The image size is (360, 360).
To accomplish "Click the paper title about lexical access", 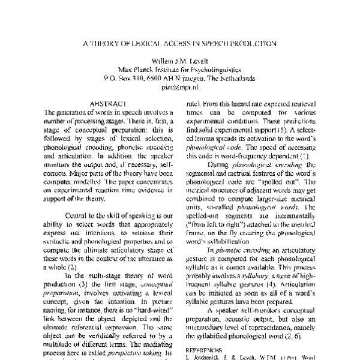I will pos(180,43).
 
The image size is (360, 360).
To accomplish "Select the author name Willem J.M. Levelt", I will pos(180,60).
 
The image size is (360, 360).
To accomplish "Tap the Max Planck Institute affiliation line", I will pos(180,68).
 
